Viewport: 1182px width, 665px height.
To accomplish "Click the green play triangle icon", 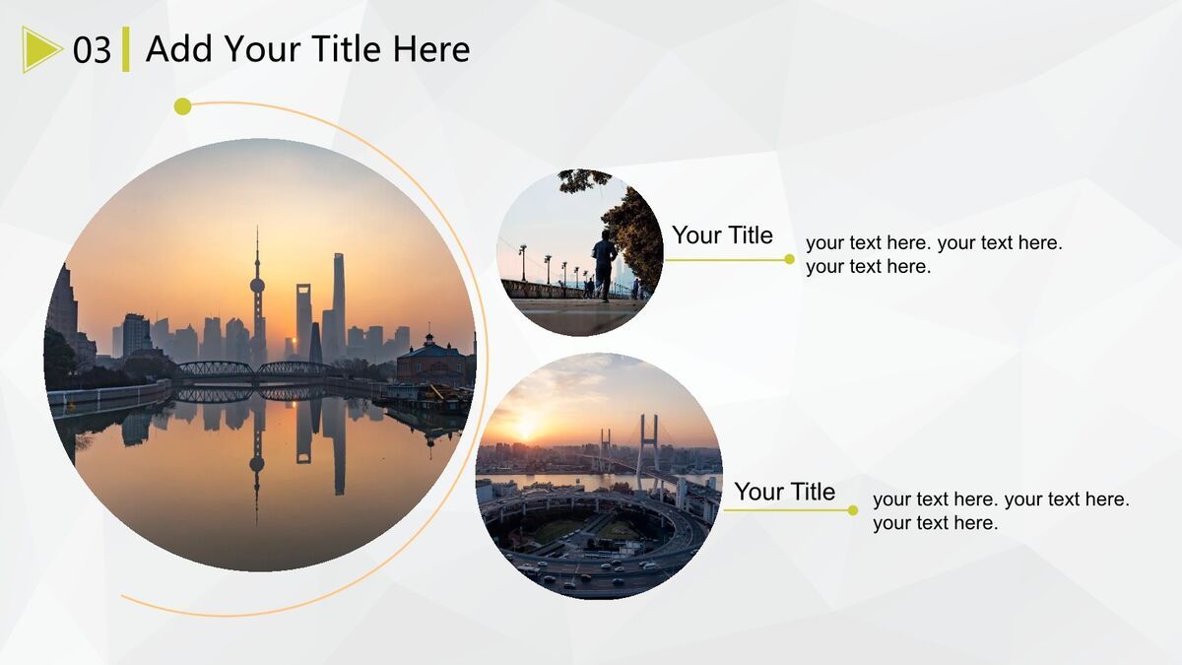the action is tap(39, 49).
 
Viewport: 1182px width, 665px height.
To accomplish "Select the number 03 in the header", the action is tap(92, 50).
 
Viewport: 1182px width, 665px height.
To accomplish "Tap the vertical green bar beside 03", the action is tap(126, 49).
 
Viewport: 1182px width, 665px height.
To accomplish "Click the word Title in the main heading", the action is tap(346, 48).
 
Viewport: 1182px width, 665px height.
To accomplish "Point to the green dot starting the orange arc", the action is tap(182, 106).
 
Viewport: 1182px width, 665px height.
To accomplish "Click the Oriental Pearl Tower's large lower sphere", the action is tap(257, 286).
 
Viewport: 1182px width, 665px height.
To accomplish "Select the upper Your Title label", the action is tap(722, 234).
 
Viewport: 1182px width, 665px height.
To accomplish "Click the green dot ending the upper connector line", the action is tap(789, 259).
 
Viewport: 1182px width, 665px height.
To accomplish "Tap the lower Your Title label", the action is tap(785, 492).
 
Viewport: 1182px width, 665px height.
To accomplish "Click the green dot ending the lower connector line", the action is tap(853, 510).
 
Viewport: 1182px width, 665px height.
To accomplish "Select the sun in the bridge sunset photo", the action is tap(526, 429).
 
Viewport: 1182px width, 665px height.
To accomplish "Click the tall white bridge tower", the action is tap(649, 448).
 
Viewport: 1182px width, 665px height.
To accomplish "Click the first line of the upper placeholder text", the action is tap(934, 242).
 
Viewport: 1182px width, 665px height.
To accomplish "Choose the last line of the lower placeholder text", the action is tap(935, 523).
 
